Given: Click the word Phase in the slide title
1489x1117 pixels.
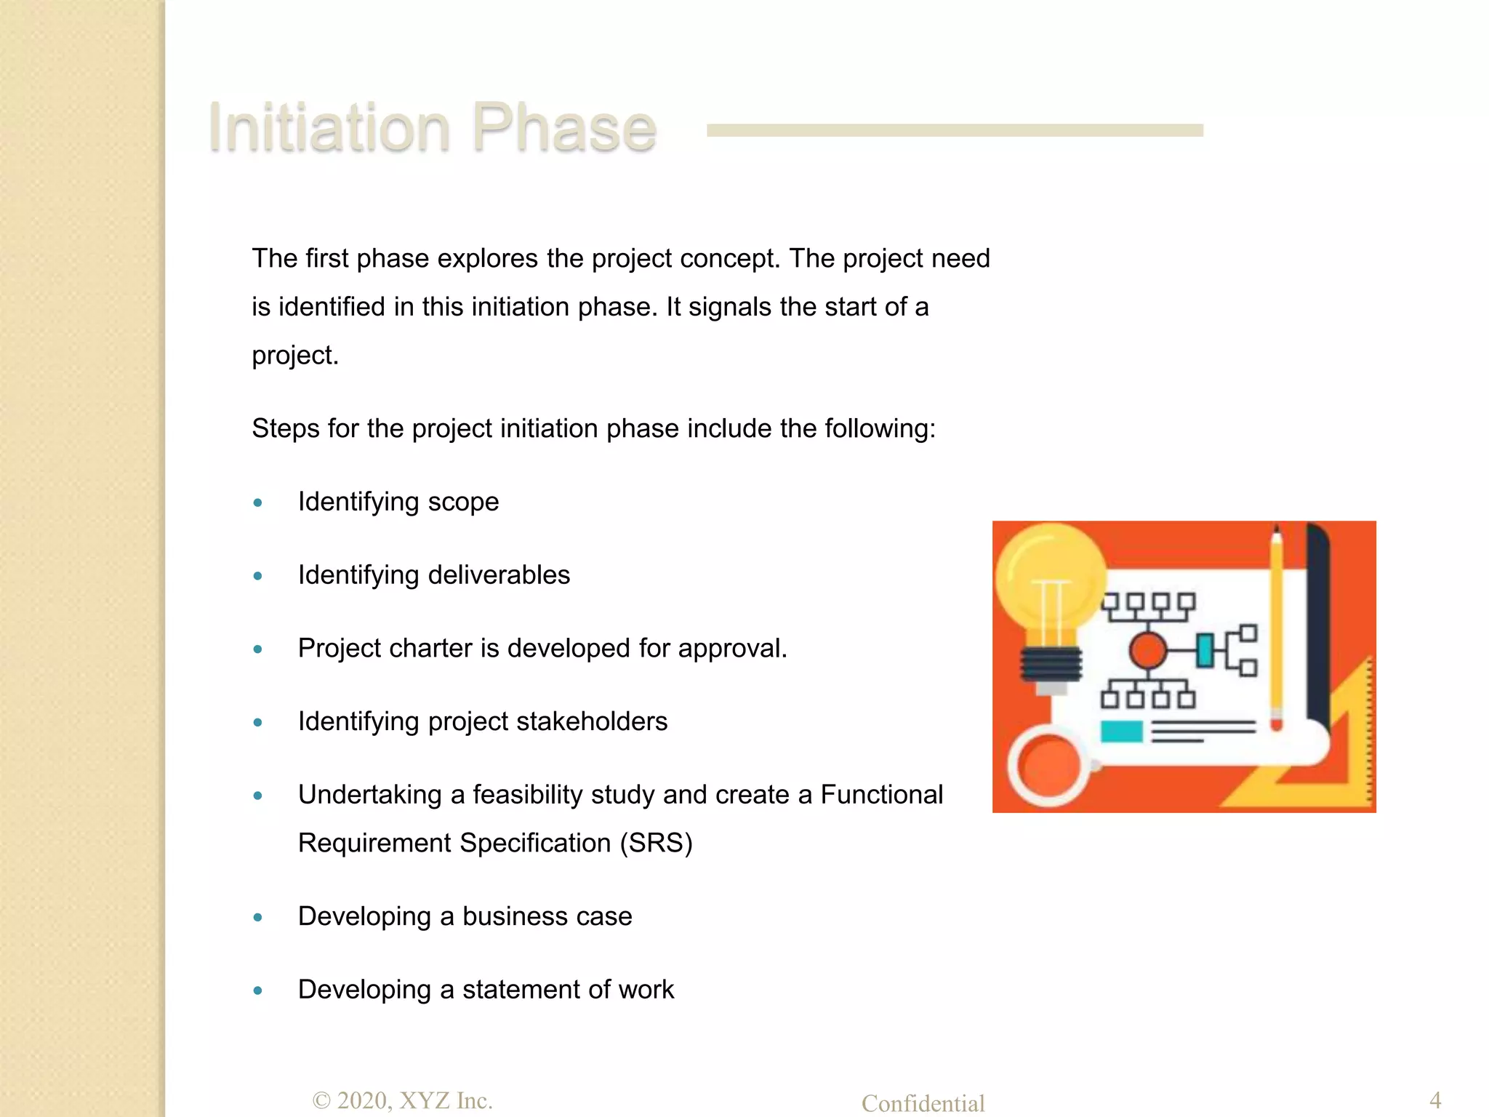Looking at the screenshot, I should click(x=564, y=128).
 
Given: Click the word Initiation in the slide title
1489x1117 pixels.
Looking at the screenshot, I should click(x=329, y=128).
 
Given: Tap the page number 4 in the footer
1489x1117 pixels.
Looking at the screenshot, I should click(x=1434, y=1099).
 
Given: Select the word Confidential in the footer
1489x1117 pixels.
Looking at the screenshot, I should click(x=923, y=1103).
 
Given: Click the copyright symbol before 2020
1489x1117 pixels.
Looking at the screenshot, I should click(x=321, y=1101).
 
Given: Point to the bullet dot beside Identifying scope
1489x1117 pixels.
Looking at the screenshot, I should click(x=257, y=503).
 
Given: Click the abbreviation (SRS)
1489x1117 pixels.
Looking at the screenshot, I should click(x=656, y=843).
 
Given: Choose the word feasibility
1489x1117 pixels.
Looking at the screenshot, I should click(x=528, y=795).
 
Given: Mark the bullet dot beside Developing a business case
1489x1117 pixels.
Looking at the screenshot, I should click(x=257, y=917).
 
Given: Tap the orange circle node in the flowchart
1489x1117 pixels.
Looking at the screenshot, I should click(x=1148, y=650).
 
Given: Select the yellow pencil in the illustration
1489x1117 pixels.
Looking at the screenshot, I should click(x=1276, y=633).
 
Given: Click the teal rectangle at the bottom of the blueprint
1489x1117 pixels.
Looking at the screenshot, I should click(x=1121, y=731).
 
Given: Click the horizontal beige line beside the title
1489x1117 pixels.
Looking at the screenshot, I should click(x=955, y=130).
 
